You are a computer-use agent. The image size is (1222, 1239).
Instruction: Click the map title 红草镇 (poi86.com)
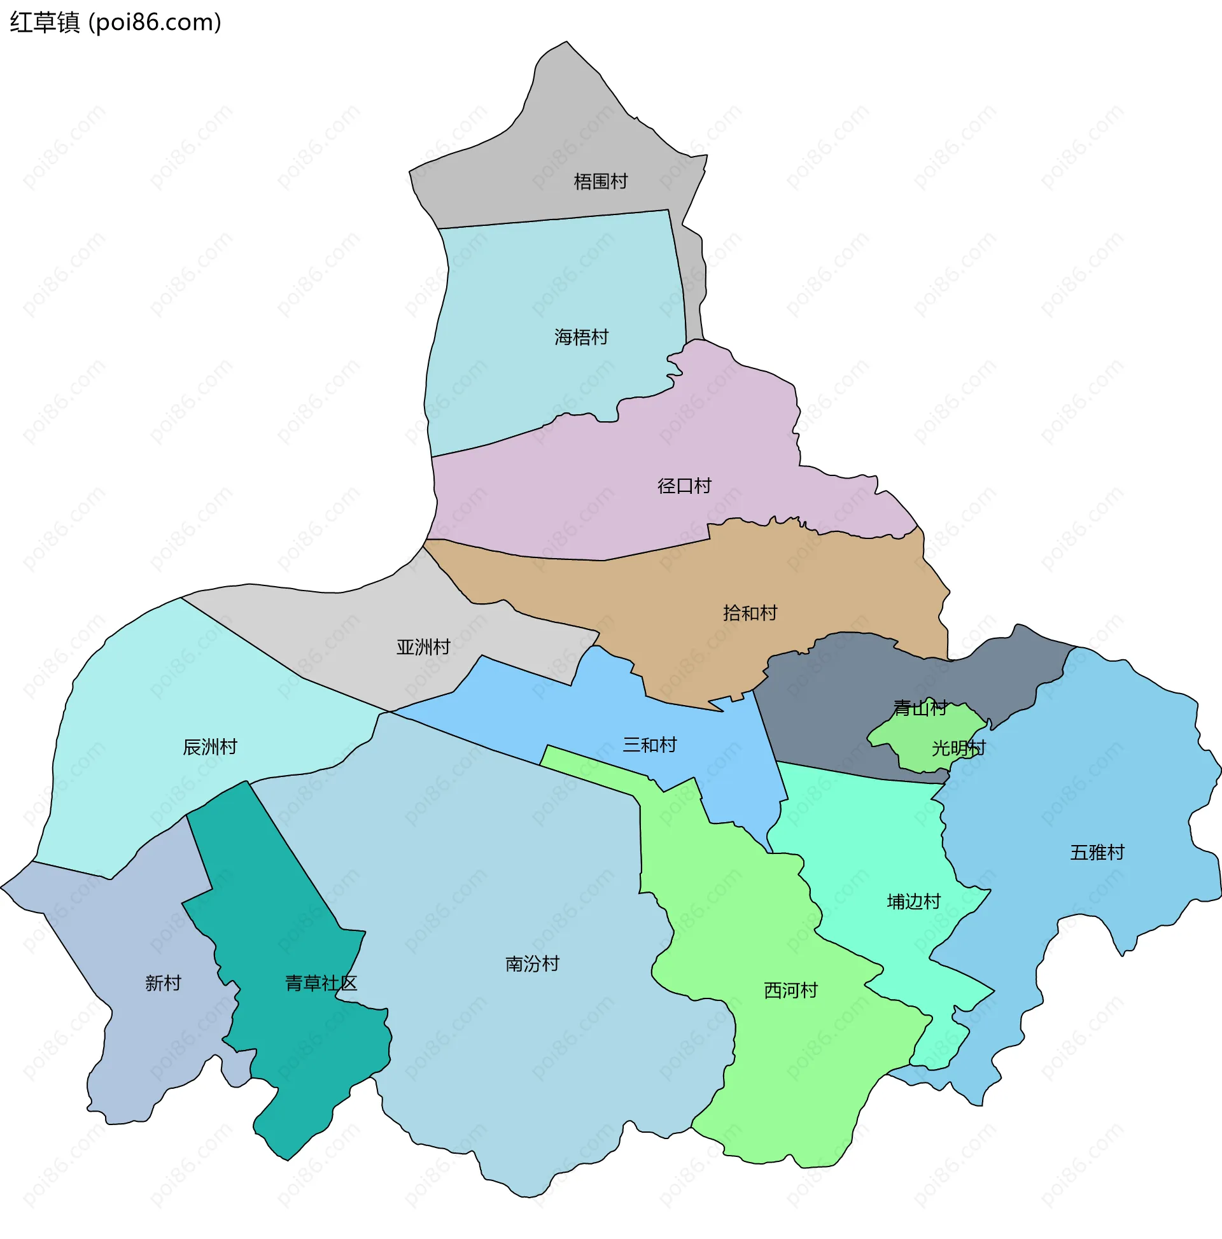pos(115,22)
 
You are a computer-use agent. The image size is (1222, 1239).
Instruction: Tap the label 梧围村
pos(600,181)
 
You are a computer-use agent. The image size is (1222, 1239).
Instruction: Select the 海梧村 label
pos(581,337)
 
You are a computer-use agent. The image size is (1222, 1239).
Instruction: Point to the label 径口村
pos(684,486)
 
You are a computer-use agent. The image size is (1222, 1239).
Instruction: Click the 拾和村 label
pos(750,613)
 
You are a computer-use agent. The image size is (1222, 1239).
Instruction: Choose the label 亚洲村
pos(423,647)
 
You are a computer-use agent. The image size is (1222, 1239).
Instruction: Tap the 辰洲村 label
pos(210,747)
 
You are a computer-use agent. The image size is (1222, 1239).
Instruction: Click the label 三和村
pos(650,745)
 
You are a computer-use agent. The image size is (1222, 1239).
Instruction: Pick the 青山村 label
pos(920,708)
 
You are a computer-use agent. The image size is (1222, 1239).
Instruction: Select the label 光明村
pos(959,748)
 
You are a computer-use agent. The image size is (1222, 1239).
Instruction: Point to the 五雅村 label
pos(1097,853)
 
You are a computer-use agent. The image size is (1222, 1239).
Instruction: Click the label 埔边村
pos(913,902)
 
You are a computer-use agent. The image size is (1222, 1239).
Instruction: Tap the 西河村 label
pos(791,991)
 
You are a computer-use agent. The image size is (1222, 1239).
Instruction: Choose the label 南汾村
pos(533,964)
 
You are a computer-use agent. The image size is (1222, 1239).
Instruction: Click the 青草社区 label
pos(321,983)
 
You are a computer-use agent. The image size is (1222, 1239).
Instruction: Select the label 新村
pos(163,983)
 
